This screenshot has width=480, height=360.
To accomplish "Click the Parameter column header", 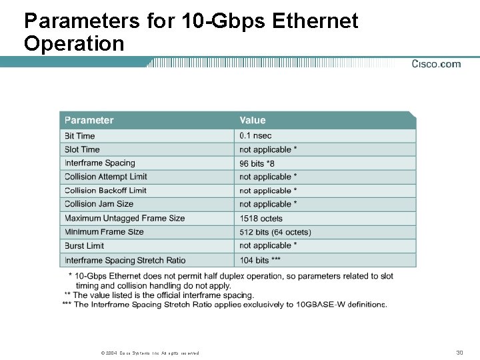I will point(89,121).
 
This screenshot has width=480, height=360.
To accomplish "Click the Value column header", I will point(252,121).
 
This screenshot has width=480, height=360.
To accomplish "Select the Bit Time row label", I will point(80,136).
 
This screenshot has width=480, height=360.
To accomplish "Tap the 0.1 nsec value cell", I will point(255,136).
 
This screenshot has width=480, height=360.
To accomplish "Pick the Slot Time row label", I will point(82,149).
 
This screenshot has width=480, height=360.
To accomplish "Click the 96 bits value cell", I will point(257,163).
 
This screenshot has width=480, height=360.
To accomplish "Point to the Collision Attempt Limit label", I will point(106,177).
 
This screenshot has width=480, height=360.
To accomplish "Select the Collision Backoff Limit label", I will point(105,191).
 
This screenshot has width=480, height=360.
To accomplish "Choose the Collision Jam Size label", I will point(99,204).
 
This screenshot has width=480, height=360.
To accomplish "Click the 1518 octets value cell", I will point(261,219).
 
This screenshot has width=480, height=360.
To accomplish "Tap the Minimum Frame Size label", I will point(104,232).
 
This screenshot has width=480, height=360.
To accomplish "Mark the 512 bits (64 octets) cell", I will point(275,232).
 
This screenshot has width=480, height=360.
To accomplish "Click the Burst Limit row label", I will point(85,246).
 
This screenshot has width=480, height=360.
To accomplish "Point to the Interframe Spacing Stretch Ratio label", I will point(125,260).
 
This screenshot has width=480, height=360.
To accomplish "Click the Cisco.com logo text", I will point(436,64).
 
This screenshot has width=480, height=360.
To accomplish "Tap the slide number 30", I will point(459,352).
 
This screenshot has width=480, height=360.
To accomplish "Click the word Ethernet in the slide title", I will point(315,21).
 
